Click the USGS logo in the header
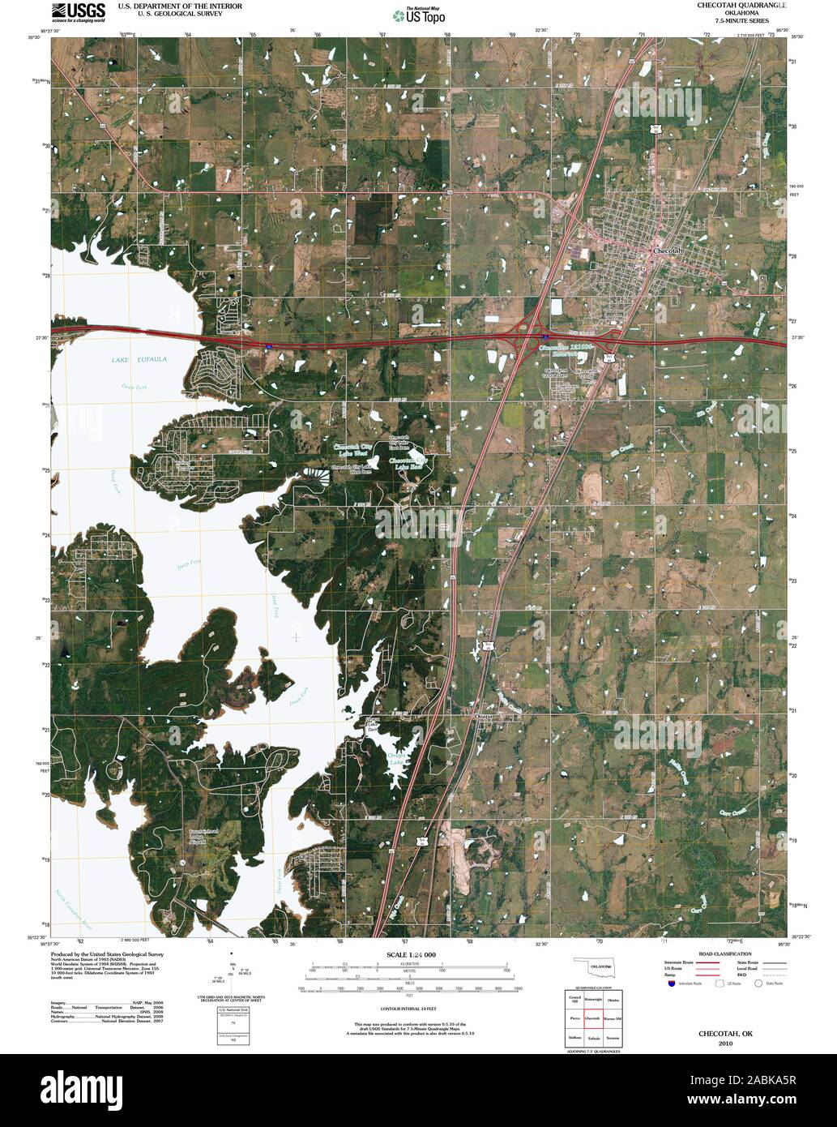click(x=78, y=11)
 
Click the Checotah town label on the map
click(x=668, y=252)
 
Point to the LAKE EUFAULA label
click(x=139, y=358)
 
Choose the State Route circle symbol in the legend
click(x=759, y=984)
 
